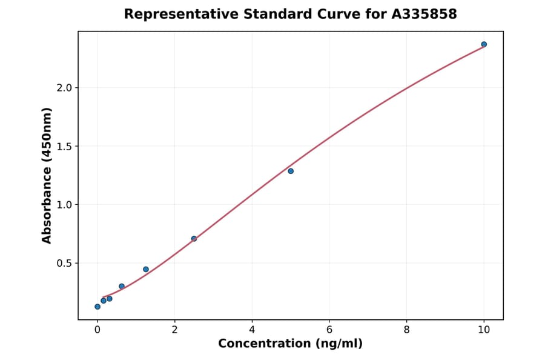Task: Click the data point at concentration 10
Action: click(484, 44)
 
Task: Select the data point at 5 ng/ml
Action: click(291, 171)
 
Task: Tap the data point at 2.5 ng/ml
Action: click(194, 239)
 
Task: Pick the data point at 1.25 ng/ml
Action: click(146, 269)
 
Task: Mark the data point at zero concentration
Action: click(97, 307)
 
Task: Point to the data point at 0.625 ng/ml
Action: click(122, 286)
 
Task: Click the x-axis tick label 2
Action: click(174, 330)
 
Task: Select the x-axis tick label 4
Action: click(252, 330)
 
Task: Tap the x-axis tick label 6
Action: click(329, 330)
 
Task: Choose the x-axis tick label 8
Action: click(406, 330)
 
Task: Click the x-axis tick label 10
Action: click(484, 330)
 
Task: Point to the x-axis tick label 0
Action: click(97, 330)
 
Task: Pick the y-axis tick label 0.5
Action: click(64, 263)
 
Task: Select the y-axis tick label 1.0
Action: click(64, 205)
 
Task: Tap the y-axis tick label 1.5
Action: click(64, 146)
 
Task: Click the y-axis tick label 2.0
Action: click(64, 88)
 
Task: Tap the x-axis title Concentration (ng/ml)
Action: click(291, 344)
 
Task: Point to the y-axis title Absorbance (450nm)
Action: click(47, 176)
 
